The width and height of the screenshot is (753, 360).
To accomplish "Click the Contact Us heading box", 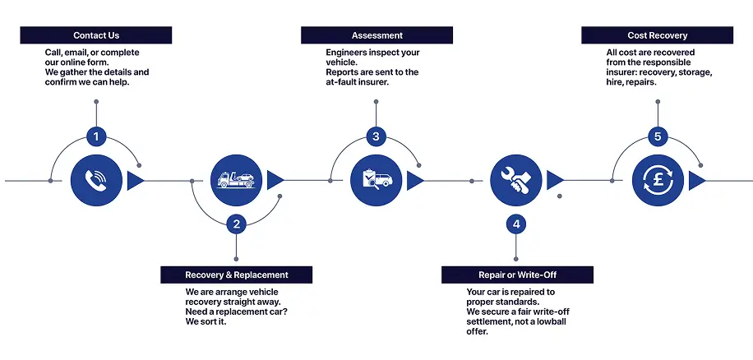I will (x=96, y=35).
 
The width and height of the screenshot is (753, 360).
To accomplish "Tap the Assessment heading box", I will (x=376, y=35).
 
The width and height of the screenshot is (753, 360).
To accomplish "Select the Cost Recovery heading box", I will (x=657, y=35).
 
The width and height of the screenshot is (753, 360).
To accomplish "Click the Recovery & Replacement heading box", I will (x=237, y=275).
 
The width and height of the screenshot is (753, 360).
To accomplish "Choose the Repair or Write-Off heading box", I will (x=517, y=275).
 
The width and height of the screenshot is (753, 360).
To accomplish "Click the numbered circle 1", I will (x=96, y=136).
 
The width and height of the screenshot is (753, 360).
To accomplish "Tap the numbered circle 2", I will (x=237, y=223).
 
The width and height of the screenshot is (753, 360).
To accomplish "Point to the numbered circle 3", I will (x=376, y=136).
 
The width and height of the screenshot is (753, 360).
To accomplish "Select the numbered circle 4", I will (x=516, y=223).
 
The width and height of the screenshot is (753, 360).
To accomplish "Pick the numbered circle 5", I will (x=657, y=136).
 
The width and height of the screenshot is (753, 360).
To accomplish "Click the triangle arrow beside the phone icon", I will (x=135, y=180).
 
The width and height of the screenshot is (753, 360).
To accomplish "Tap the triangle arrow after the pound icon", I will (x=695, y=180).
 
